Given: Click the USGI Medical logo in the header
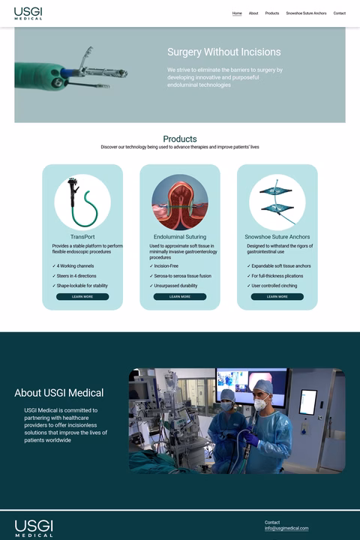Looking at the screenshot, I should coord(28,13).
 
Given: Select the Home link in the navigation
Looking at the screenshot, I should coord(237,13).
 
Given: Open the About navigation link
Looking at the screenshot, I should coord(253,13).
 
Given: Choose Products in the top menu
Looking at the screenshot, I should coord(272,13).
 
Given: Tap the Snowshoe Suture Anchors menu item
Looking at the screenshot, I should coord(306,13).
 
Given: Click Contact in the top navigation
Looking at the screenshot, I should coord(340,13).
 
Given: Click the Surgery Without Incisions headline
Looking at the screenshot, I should coord(224,52).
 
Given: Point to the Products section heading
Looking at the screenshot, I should coord(180,139).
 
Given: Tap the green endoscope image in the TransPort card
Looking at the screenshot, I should coord(82,202).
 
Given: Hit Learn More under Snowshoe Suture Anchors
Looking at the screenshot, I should coord(277,297).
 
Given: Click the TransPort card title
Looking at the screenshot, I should coord(82,237).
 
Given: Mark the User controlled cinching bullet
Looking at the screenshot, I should coord(275,286).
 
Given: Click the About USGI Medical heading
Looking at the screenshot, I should coord(59,393).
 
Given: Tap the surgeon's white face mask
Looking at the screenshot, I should coord(259,404).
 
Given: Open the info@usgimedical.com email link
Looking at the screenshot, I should coord(286,529).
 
